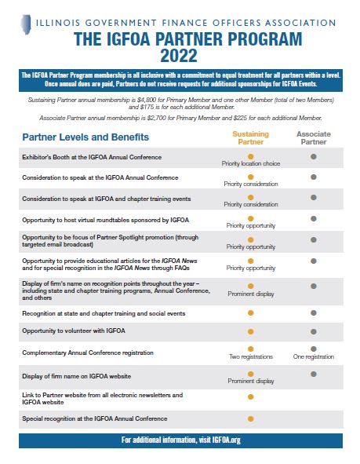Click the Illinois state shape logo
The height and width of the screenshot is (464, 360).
(26, 24)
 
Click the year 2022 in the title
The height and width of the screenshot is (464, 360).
(179, 56)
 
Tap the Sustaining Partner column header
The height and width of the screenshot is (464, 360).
(251, 138)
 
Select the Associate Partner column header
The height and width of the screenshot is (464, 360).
(314, 138)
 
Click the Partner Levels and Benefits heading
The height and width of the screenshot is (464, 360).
(85, 137)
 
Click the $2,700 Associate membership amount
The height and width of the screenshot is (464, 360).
(157, 118)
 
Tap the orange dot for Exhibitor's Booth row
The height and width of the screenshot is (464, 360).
(251, 156)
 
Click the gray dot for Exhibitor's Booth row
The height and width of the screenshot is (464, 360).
(314, 156)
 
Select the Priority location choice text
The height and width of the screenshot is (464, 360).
(251, 163)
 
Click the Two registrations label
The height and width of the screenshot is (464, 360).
(251, 356)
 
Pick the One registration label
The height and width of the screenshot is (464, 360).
(314, 356)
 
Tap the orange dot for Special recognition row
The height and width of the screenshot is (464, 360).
(251, 418)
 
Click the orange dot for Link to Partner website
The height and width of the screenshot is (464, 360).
(251, 396)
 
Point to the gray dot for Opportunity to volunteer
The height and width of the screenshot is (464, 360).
(314, 332)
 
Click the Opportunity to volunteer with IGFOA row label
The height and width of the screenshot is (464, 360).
(74, 331)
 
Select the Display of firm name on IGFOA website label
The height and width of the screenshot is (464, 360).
(77, 376)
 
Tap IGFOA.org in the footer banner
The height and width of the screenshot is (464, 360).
(226, 440)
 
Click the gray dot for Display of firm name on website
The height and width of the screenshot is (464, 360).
(314, 374)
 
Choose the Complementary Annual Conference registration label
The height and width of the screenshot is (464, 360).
(88, 353)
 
